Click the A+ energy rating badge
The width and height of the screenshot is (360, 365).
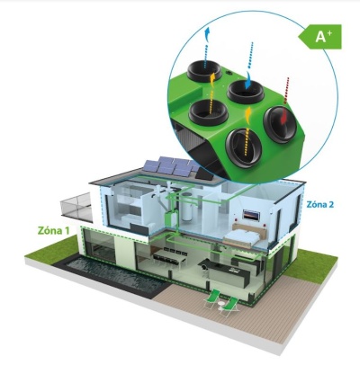tap(320, 37)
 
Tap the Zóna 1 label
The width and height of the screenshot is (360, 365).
tap(54, 230)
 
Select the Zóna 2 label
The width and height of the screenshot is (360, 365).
tap(319, 204)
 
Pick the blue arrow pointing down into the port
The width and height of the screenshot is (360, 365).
tap(248, 80)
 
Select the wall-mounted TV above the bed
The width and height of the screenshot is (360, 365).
tap(251, 215)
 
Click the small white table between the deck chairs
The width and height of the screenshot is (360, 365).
tap(221, 306)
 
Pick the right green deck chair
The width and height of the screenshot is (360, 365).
tap(230, 307)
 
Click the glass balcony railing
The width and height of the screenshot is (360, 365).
tap(76, 206)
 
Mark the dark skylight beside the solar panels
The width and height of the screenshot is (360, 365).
tap(204, 174)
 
